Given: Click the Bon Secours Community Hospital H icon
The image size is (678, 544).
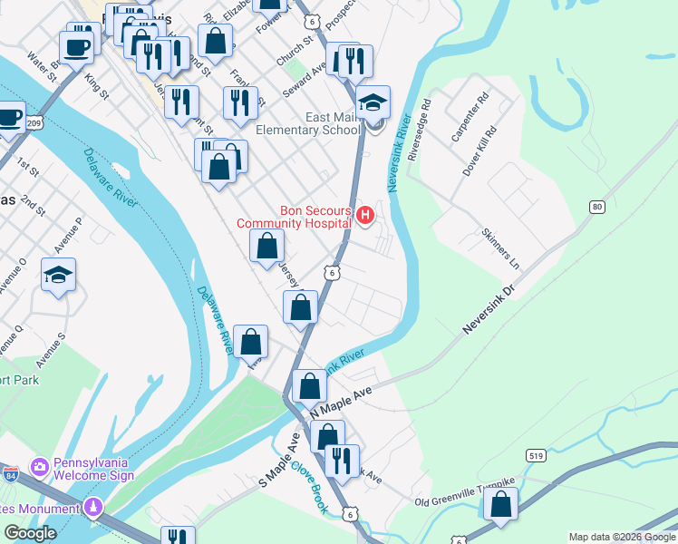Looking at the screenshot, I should coord(365,215).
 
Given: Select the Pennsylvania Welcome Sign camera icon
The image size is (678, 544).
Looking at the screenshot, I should coord(40,467).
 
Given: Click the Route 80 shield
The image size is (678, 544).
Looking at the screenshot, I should coord(596,208).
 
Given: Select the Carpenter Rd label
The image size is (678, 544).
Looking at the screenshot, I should coord(470,117).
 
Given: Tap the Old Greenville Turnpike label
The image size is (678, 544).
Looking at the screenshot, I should coord(464,492).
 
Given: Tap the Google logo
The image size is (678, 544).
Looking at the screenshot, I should coord(31,533).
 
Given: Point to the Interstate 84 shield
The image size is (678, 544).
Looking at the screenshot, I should coord(10,474).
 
